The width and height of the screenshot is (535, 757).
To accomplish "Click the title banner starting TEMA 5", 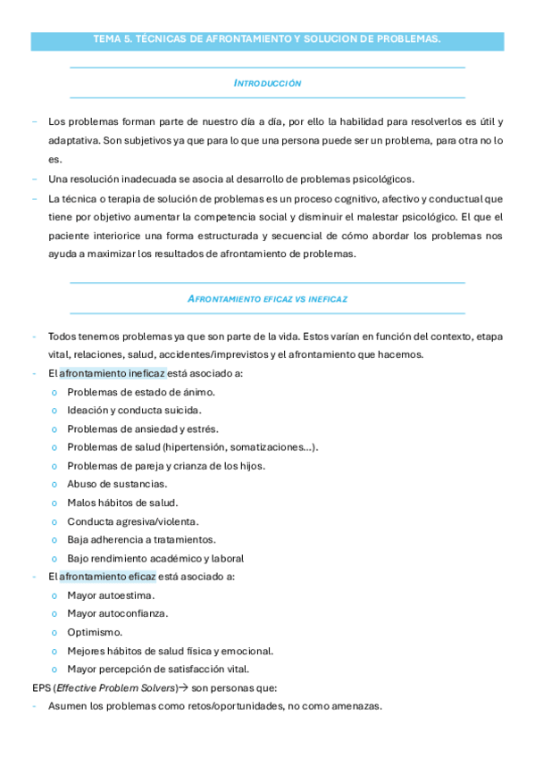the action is (267, 39).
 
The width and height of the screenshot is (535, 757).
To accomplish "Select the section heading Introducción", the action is (267, 83).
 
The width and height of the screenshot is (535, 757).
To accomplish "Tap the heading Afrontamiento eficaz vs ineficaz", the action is (267, 299).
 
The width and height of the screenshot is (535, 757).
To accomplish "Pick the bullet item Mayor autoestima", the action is (111, 595).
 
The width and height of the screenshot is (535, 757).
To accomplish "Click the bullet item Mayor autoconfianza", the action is (118, 613).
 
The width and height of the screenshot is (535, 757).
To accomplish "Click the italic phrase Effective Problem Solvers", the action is (105, 688).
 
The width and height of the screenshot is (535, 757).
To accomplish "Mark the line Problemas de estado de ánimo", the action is (141, 392).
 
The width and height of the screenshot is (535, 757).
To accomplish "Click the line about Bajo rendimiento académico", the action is (155, 559).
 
